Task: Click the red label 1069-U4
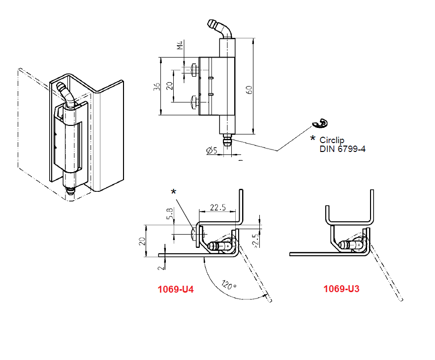pyautogui.click(x=175, y=290)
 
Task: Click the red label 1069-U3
pyautogui.click(x=341, y=289)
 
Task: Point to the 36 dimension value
pyautogui.click(x=156, y=87)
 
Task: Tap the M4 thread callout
pyautogui.click(x=180, y=45)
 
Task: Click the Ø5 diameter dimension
pyautogui.click(x=212, y=150)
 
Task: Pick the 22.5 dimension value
pyautogui.click(x=217, y=208)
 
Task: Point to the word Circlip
pyautogui.click(x=332, y=140)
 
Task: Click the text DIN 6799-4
pyautogui.click(x=342, y=149)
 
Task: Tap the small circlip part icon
pyautogui.click(x=320, y=123)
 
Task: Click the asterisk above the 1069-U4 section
pyautogui.click(x=173, y=192)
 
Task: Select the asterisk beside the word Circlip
pyautogui.click(x=312, y=139)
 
